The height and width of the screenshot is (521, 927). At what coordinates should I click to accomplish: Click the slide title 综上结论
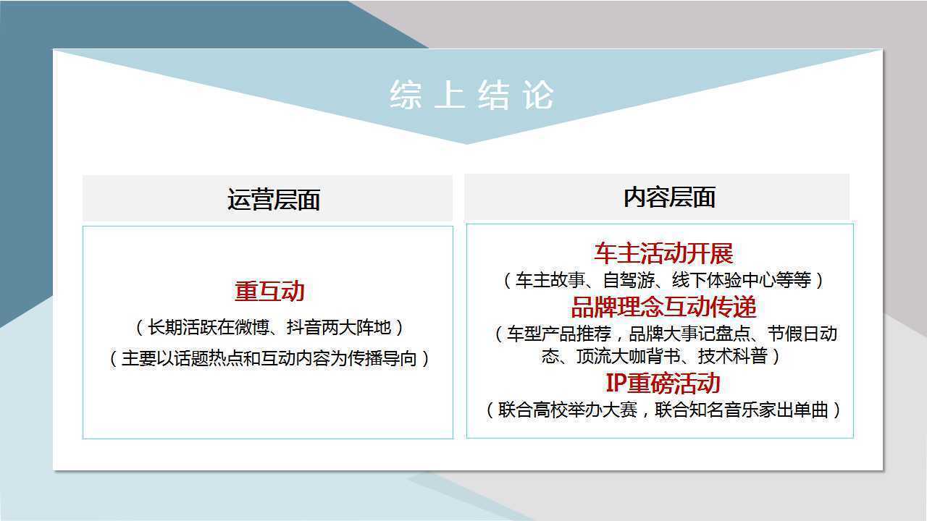(x=471, y=95)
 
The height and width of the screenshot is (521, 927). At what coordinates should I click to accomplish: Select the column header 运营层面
(x=274, y=200)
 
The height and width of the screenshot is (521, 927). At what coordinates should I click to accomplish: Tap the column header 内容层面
(x=669, y=198)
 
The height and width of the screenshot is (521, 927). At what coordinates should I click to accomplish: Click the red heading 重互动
(x=269, y=291)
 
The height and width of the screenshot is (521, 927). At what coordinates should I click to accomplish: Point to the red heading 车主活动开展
(x=663, y=253)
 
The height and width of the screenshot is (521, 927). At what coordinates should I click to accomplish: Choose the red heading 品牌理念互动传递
(x=663, y=307)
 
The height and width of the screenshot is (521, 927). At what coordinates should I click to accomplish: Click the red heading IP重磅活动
(x=663, y=383)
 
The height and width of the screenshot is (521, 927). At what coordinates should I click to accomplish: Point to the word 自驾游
(x=629, y=280)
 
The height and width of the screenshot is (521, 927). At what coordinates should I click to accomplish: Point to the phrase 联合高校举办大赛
(x=567, y=410)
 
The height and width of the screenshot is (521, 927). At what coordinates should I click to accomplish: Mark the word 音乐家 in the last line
(x=750, y=410)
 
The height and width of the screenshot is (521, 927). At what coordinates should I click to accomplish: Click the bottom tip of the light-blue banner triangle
(x=467, y=144)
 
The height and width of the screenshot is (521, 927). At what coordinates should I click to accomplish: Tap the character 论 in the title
(x=538, y=95)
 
